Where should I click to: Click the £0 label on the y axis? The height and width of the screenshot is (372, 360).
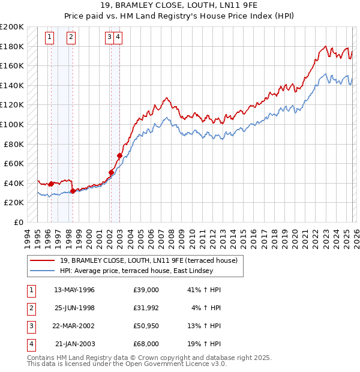pyautogui.click(x=18, y=222)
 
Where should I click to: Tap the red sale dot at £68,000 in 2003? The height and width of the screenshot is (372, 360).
pyautogui.click(x=120, y=155)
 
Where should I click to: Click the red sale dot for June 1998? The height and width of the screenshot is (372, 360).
pyautogui.click(x=73, y=191)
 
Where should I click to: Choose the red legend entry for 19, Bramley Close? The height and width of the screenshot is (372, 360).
pyautogui.click(x=149, y=260)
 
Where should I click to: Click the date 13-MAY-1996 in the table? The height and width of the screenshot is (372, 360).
pyautogui.click(x=74, y=290)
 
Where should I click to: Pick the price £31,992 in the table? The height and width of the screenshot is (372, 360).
pyautogui.click(x=146, y=308)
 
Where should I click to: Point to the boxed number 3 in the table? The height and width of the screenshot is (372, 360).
pyautogui.click(x=31, y=326)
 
